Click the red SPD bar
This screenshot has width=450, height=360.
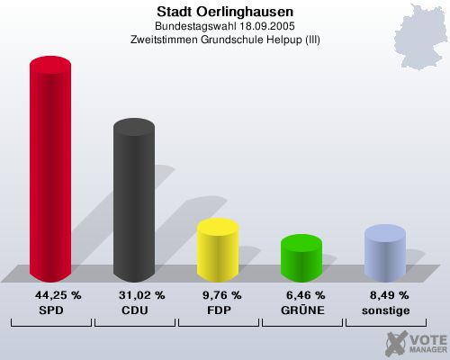[50, 171]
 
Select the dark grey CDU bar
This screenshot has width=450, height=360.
[133, 202]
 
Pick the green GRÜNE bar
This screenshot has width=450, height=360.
[301, 259]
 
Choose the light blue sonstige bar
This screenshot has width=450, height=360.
[385, 254]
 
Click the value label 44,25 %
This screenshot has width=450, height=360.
[58, 295]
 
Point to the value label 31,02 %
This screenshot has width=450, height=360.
[141, 295]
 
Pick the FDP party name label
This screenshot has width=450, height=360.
[217, 310]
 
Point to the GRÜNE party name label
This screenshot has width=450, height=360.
[301, 310]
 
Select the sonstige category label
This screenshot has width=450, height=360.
[385, 310]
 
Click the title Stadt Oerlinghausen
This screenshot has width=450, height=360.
[224, 12]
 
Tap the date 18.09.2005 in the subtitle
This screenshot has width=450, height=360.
[267, 26]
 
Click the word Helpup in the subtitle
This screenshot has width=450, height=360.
[284, 40]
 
